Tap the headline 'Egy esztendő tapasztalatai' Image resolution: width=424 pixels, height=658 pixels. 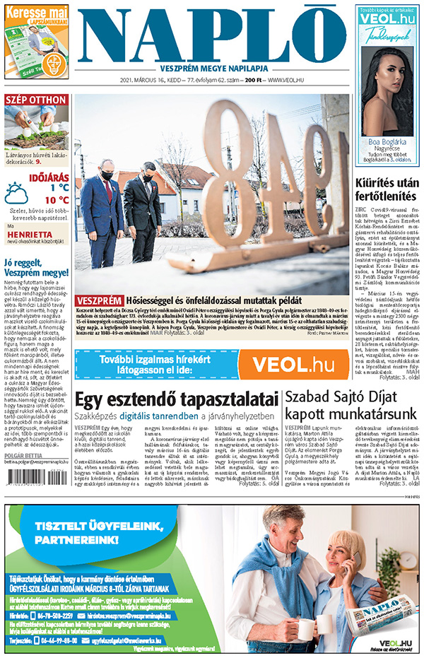(176, 399)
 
